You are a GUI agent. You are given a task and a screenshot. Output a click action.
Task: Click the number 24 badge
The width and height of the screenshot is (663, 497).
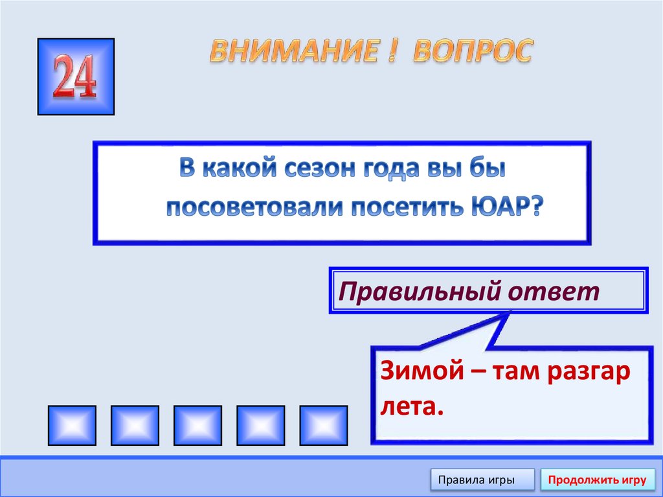(x=76, y=76)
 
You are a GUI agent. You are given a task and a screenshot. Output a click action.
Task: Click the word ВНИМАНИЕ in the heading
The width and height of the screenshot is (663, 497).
(x=293, y=52)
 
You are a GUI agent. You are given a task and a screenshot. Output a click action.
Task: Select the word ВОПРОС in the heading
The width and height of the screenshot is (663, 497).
(x=472, y=51)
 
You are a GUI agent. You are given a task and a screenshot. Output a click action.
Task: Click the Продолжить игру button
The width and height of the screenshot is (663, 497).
(x=597, y=480)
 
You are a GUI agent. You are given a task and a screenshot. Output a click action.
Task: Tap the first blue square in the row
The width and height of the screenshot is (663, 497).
(x=72, y=425)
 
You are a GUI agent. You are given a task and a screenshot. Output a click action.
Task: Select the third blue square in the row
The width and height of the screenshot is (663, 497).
(x=197, y=425)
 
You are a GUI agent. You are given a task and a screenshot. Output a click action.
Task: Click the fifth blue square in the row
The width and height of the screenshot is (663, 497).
(x=323, y=425)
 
